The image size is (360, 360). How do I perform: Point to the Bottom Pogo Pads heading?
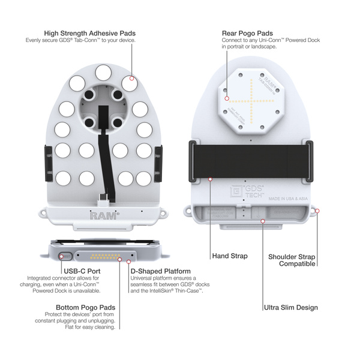[82, 307]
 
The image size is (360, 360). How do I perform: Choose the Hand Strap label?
[229, 256]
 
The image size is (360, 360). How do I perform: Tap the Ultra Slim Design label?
[291, 308]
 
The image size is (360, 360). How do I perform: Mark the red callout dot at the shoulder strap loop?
[317, 211]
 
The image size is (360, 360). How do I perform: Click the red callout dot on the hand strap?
[211, 179]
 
